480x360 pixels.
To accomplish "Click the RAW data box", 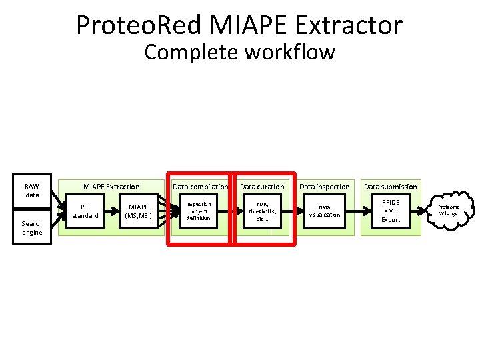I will pyautogui.click(x=31, y=191).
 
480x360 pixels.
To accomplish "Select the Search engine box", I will pyautogui.click(x=31, y=228).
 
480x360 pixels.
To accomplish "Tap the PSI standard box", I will pyautogui.click(x=85, y=211).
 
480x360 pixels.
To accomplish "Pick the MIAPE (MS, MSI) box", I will pyautogui.click(x=139, y=211).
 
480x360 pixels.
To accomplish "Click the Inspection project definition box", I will pyautogui.click(x=198, y=211).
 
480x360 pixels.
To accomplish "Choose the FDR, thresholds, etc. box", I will pyautogui.click(x=262, y=211).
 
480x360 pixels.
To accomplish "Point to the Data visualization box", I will pyautogui.click(x=324, y=211).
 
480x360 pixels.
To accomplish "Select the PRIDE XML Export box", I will pyautogui.click(x=391, y=211).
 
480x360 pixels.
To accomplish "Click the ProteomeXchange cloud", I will pyautogui.click(x=448, y=211).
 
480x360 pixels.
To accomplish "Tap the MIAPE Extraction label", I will pyautogui.click(x=111, y=187).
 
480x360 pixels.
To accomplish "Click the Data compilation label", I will pyautogui.click(x=200, y=187).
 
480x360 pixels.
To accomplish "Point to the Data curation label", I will pyautogui.click(x=262, y=187).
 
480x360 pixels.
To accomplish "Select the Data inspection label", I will pyautogui.click(x=324, y=187).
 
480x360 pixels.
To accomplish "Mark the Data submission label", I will pyautogui.click(x=391, y=187).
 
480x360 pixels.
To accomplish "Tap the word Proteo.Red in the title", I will pyautogui.click(x=139, y=25).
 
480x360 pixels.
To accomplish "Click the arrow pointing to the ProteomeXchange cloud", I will pyautogui.click(x=427, y=211).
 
